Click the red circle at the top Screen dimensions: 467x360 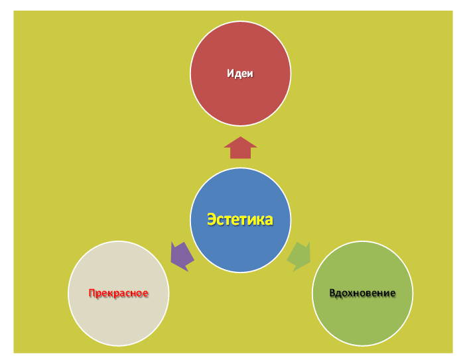[x=240, y=73]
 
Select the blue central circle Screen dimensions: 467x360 [x=240, y=219]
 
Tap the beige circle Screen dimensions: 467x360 [x=119, y=293]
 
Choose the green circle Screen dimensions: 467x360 [x=362, y=293]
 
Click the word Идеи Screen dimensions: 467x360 [x=240, y=73]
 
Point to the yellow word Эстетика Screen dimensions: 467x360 [x=240, y=219]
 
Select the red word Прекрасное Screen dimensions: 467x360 [x=119, y=293]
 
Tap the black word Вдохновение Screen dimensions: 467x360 [x=362, y=293]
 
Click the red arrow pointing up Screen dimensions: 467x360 [x=240, y=148]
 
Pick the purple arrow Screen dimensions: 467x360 [x=182, y=256]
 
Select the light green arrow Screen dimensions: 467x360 [x=299, y=256]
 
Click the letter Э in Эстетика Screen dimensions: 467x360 [x=212, y=219]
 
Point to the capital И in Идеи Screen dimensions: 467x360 [x=231, y=73]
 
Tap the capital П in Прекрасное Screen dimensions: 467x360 [x=92, y=293]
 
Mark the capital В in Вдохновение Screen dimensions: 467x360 [x=332, y=292]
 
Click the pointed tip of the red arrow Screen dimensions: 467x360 [x=240, y=137]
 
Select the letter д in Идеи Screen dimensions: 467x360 [x=238, y=74]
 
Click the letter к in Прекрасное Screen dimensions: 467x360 [x=111, y=294]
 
